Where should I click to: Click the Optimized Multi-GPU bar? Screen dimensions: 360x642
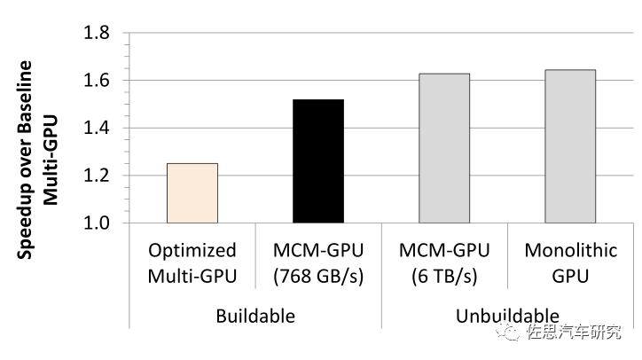[x=192, y=193]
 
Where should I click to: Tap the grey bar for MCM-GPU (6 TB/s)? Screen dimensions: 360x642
[x=444, y=148]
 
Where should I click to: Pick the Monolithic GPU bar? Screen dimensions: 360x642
[x=570, y=146]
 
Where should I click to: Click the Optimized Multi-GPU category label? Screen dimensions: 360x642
[x=192, y=262]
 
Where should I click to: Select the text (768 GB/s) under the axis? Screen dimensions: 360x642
[x=318, y=274]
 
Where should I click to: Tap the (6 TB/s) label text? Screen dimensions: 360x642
[x=444, y=274]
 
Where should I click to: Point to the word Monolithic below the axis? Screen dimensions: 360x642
[x=570, y=250]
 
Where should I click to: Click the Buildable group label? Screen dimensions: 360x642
[x=255, y=315]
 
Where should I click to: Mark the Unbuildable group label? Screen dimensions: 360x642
[x=507, y=315]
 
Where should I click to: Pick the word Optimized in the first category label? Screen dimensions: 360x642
[x=192, y=250]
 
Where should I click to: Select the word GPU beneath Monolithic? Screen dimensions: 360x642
[x=570, y=274]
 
